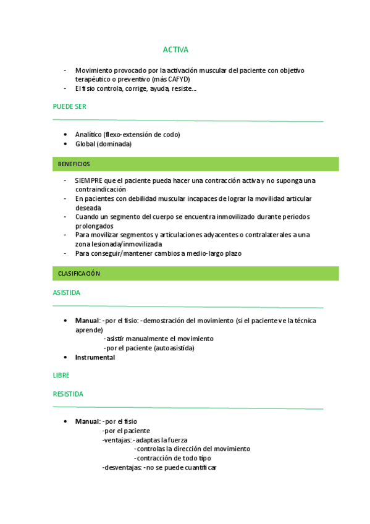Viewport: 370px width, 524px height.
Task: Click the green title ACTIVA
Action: tap(175, 49)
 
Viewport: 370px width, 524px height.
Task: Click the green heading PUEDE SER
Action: tap(70, 107)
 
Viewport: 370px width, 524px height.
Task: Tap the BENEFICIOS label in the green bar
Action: tap(74, 164)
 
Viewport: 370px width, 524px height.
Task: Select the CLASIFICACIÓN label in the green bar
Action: tap(79, 273)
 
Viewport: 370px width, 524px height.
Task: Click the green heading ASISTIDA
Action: tap(67, 293)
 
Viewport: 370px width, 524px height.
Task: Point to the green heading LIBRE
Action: tap(61, 376)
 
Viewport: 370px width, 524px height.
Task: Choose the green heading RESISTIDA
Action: tap(68, 394)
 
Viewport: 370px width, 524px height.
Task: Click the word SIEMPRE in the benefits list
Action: tap(88, 180)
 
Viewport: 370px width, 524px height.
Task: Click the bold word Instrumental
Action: tap(95, 358)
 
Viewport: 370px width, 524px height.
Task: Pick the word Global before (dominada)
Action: tap(85, 144)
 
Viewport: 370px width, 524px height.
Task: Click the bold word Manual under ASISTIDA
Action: tap(87, 321)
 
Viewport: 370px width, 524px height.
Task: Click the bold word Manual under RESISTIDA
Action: tap(87, 421)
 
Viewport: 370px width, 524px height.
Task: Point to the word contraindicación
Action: tap(101, 190)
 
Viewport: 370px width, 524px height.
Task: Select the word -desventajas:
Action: tap(122, 468)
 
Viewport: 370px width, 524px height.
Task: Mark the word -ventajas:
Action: tap(117, 440)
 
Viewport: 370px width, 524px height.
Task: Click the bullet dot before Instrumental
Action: tap(66, 358)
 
